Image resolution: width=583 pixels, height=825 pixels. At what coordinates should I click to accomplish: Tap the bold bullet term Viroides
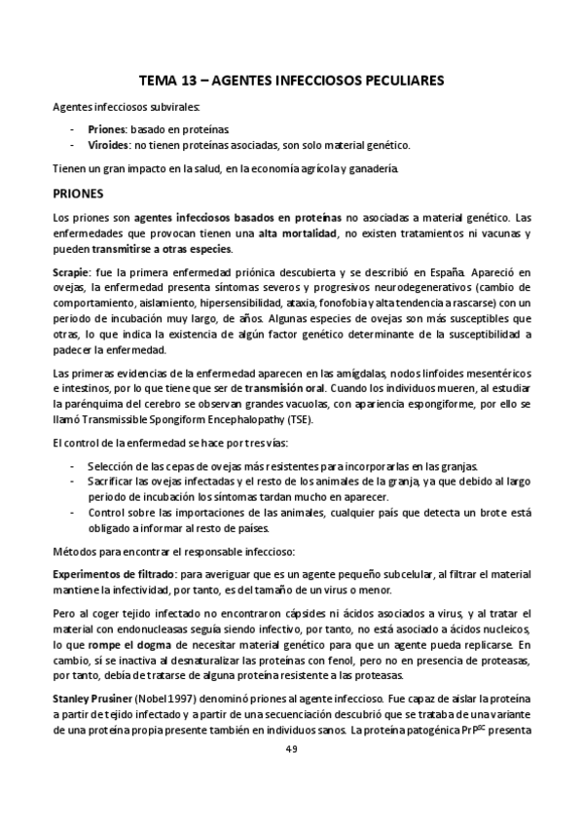tap(109, 145)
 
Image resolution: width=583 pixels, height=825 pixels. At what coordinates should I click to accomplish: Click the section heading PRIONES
tap(79, 193)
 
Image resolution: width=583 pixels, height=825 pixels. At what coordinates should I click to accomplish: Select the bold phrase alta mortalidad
tap(294, 234)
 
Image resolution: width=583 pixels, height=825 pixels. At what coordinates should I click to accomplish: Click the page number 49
tap(292, 747)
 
